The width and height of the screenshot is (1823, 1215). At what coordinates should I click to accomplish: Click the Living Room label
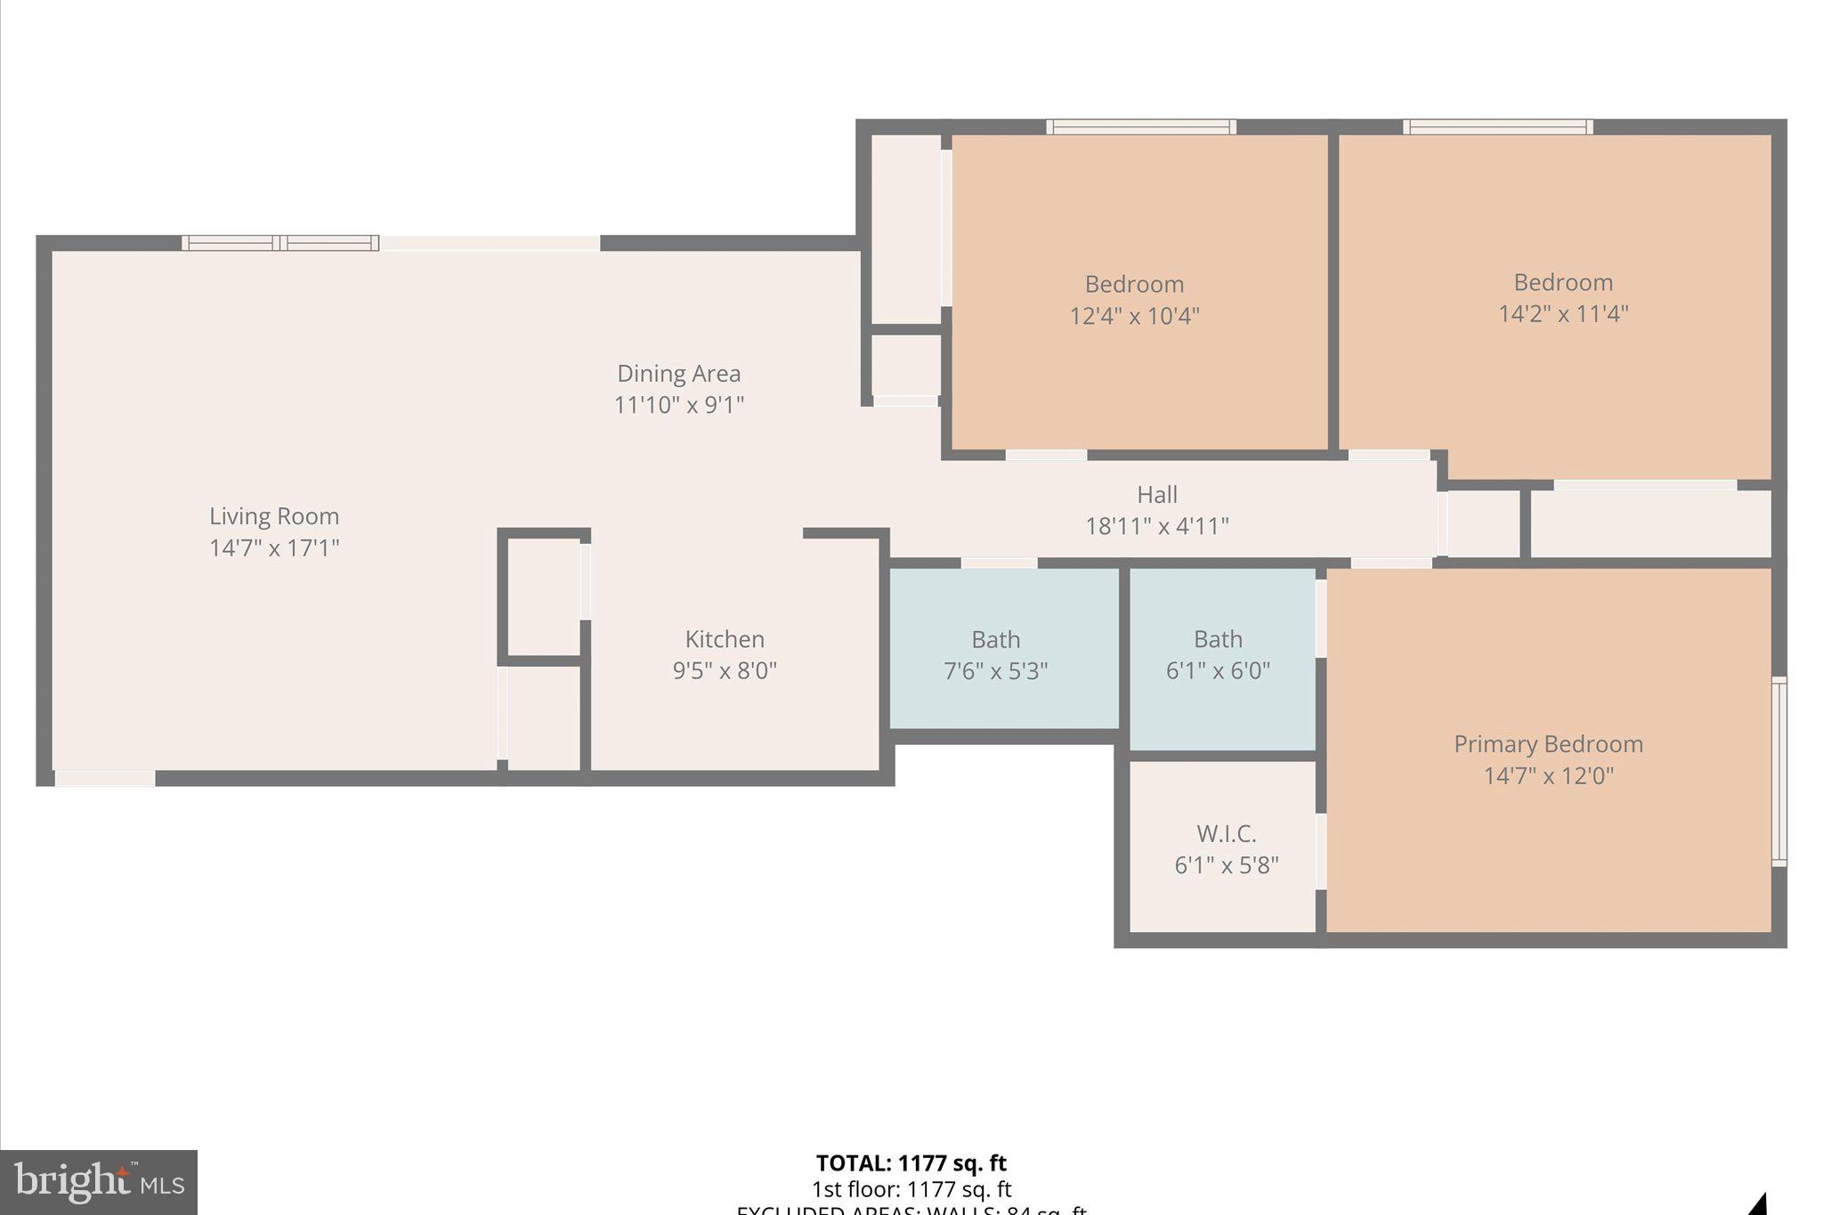click(274, 516)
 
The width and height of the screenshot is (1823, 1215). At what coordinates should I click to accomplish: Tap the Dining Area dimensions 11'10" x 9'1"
click(678, 405)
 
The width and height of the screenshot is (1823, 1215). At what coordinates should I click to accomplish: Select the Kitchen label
click(725, 639)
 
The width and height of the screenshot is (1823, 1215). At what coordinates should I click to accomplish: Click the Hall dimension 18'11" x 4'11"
click(1156, 526)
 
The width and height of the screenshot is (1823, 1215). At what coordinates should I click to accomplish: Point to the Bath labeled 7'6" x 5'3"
click(995, 654)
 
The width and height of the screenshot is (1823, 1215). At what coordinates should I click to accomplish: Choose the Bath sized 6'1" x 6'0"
click(1218, 654)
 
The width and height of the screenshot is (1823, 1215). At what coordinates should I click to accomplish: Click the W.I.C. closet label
click(1226, 834)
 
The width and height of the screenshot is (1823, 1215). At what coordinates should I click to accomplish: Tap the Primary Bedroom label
click(1548, 744)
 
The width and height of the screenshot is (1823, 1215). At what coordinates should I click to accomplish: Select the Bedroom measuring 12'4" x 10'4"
click(1134, 299)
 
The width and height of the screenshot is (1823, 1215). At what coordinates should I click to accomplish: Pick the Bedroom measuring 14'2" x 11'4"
click(1563, 297)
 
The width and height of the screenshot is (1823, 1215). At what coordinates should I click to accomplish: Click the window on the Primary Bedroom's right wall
click(1778, 771)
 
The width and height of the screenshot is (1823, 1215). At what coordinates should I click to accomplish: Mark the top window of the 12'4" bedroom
click(1140, 127)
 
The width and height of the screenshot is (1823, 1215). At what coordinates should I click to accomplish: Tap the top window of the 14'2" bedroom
click(1498, 127)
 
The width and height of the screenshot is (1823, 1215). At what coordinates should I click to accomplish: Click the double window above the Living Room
click(280, 243)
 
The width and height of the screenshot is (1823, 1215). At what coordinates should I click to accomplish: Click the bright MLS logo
click(99, 1182)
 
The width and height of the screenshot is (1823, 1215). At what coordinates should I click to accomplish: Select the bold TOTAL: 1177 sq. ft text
click(911, 1163)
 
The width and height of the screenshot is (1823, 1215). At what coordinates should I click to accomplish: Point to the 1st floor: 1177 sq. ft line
click(911, 1189)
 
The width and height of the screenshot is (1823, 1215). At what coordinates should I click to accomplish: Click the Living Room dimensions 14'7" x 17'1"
click(274, 547)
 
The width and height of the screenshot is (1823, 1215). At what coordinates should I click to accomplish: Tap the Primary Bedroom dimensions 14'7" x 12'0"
click(1548, 775)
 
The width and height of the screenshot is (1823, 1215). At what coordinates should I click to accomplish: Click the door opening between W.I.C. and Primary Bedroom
click(1321, 851)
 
